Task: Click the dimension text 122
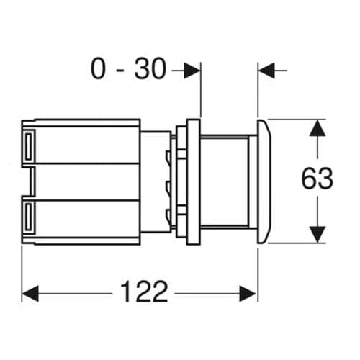tap(144, 292)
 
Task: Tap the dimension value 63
tap(317, 179)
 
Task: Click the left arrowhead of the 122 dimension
tap(30, 293)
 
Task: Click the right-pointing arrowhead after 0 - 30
tap(192, 70)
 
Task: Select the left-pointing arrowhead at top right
tap(266, 70)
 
